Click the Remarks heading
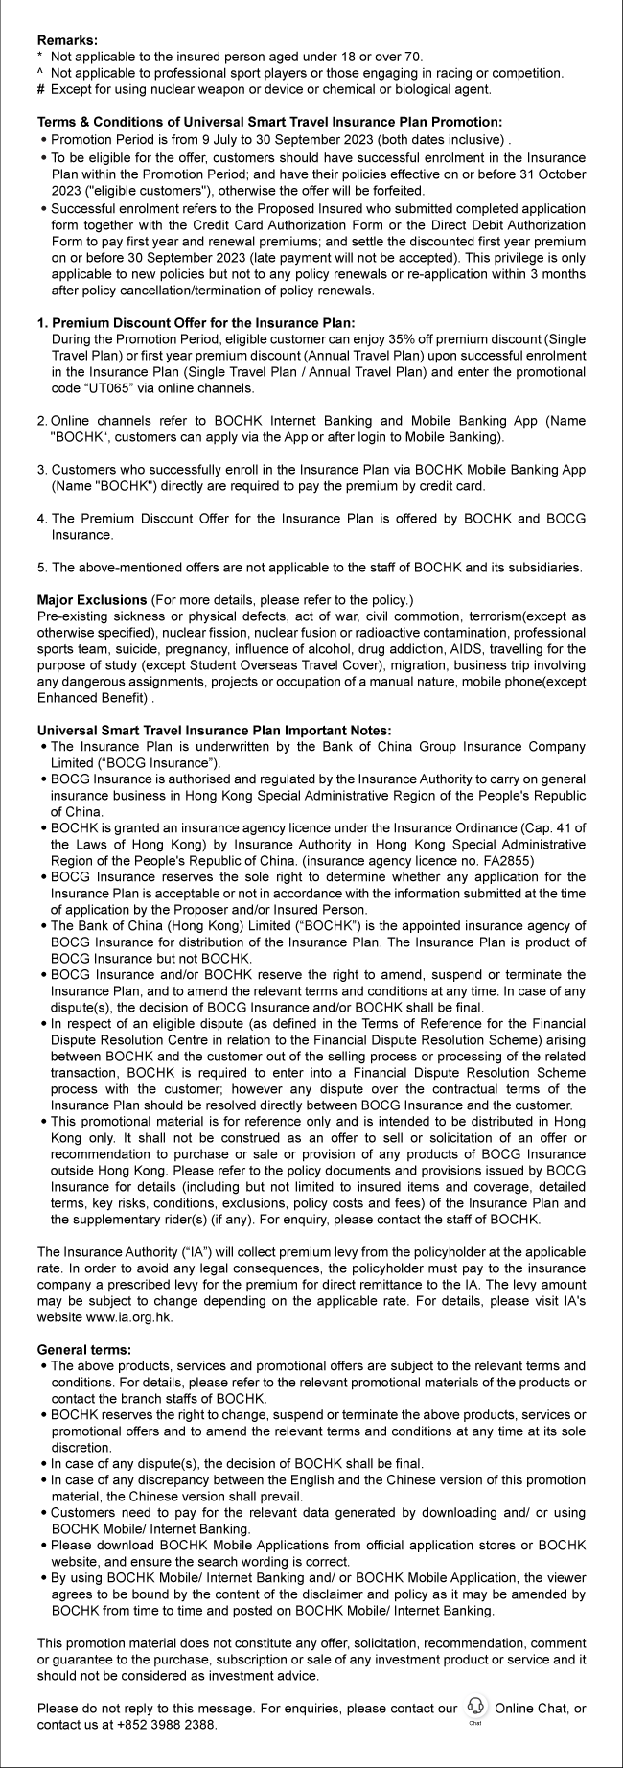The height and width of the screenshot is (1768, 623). [x=67, y=41]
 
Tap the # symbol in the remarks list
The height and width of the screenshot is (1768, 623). [x=40, y=89]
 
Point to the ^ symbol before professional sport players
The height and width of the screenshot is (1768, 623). [x=40, y=73]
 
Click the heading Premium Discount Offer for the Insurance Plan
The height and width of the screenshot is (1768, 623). [x=202, y=324]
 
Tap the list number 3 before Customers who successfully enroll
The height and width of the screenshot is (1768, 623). [x=42, y=470]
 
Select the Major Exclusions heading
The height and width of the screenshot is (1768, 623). [x=92, y=599]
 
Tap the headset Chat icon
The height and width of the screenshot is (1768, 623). [x=475, y=1707]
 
